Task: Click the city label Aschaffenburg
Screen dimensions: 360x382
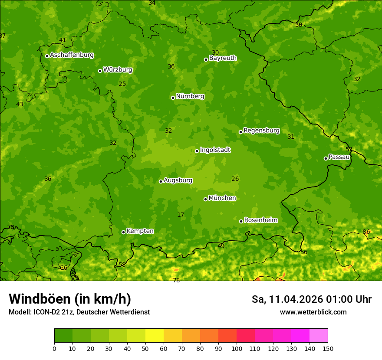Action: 72,55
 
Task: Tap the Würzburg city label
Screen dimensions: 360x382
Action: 118,70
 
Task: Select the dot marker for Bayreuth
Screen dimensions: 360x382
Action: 206,59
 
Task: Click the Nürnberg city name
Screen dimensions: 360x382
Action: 190,96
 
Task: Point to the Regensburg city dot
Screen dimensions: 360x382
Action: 240,132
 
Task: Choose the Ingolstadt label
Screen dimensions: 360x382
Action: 215,150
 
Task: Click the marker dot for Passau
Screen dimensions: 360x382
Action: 326,158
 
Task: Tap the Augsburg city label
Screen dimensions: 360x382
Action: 178,180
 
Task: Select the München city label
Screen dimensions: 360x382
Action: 222,198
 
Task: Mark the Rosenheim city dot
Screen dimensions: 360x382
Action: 241,221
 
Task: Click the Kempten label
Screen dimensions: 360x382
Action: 140,231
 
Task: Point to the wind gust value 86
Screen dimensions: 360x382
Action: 366,232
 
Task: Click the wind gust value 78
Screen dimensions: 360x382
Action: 176,281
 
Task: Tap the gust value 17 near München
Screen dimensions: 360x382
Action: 181,215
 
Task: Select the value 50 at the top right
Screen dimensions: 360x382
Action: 299,25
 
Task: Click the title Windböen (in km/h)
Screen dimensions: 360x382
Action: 70,299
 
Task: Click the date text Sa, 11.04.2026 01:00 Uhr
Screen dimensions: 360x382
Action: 311,299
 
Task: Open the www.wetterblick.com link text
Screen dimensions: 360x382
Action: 313,312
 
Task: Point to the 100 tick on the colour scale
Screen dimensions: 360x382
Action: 237,348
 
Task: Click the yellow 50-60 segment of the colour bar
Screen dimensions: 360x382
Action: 155,336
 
